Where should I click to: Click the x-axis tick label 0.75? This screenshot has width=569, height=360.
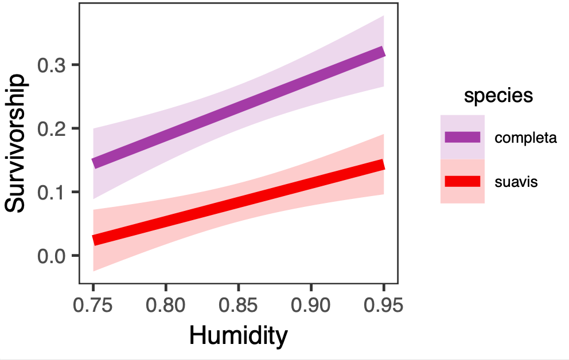93,304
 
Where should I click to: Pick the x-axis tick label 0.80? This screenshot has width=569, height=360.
166,304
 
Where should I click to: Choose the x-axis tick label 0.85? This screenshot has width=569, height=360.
239,304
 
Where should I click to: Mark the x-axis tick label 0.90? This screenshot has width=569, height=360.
311,304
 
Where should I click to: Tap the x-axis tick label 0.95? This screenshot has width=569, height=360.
384,304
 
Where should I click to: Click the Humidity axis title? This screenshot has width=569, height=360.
238,336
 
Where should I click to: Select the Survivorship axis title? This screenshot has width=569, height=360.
15,143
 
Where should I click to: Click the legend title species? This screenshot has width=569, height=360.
498,96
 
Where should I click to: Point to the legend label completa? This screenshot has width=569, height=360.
525,138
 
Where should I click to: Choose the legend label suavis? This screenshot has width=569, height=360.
516,182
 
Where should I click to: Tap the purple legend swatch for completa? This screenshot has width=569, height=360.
462,137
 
